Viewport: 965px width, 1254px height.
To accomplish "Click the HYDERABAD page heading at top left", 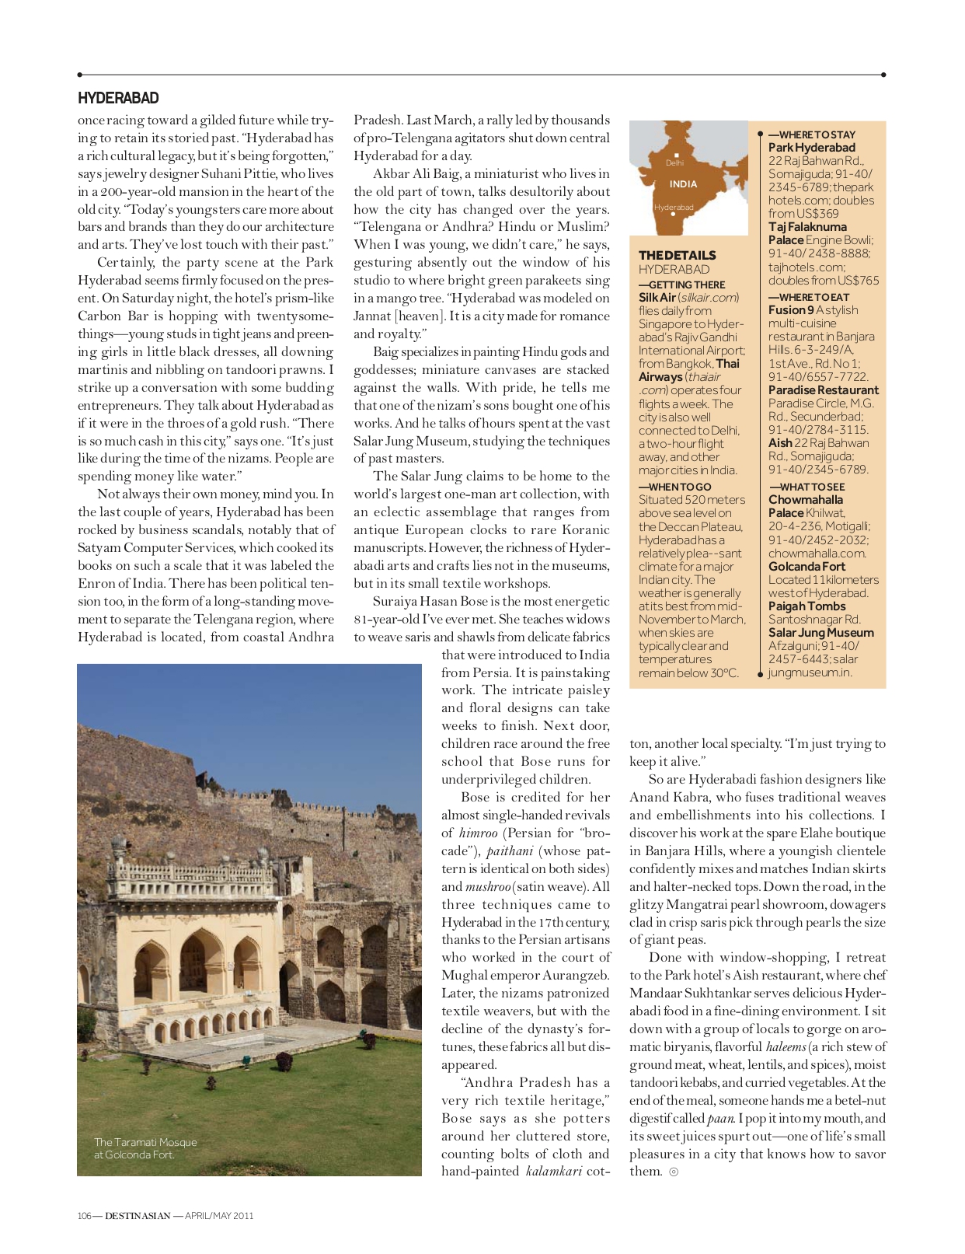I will point(118,99).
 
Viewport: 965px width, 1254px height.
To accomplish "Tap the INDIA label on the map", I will point(683,184).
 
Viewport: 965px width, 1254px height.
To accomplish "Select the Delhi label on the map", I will point(674,163).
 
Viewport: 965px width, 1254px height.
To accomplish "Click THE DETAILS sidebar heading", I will point(677,255).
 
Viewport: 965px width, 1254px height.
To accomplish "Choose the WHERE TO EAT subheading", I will point(808,297).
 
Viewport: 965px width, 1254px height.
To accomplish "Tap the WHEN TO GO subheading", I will point(674,487).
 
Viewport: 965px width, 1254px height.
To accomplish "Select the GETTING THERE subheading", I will point(681,285).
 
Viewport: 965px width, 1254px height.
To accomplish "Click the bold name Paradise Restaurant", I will point(823,390).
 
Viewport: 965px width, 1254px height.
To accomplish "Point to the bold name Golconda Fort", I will point(806,567).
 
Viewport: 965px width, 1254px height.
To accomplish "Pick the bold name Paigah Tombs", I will point(806,606).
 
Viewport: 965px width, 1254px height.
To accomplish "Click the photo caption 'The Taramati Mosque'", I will point(145,1142).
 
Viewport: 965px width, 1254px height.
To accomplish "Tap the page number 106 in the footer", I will point(84,1216).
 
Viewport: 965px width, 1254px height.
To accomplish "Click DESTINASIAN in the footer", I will point(138,1216).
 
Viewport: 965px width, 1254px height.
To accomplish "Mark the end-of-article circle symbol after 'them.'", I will point(674,1172).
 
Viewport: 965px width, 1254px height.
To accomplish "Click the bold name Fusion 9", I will point(790,310).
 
